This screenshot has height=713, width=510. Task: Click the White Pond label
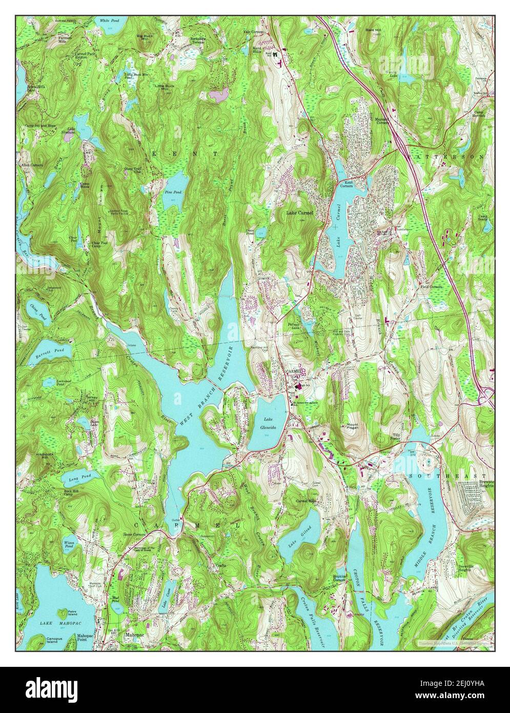[109, 21]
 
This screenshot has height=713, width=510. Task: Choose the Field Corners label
[431, 286]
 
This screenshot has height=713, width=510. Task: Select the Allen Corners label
[32, 166]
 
